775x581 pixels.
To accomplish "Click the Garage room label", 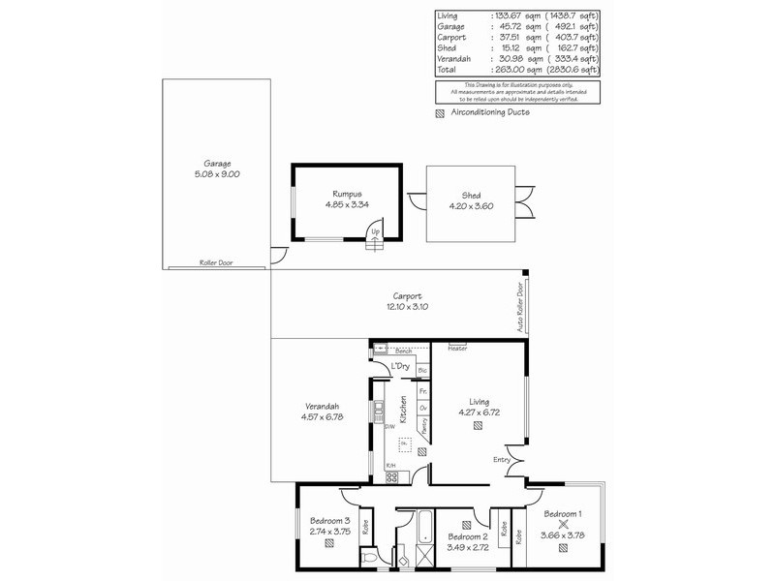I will point(217,164).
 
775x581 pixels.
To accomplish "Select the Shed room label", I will point(471,195).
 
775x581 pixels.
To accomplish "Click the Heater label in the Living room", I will point(458,348).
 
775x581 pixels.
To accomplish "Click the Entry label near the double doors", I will point(501,459).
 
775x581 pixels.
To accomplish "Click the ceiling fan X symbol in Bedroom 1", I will point(563,524).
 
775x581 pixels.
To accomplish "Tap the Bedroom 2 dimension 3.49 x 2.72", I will point(468,547).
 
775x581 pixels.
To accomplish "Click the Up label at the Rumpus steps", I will point(376,231).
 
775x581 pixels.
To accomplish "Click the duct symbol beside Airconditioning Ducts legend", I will point(440,112).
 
